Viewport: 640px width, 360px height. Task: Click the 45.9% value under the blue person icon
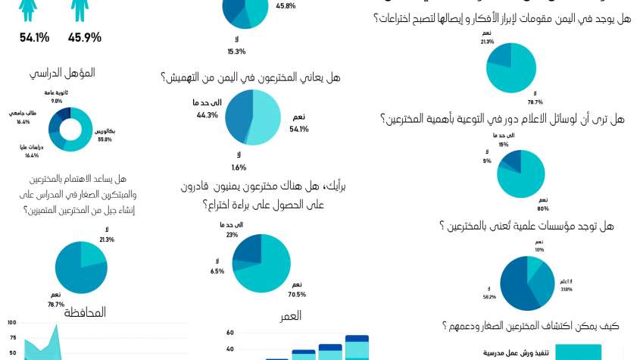[85, 36]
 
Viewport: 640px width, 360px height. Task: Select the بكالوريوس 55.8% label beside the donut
[104, 135]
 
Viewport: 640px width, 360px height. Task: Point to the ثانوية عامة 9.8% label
[56, 96]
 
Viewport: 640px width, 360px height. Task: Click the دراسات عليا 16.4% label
[33, 152]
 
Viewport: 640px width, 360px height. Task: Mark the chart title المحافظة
[85, 312]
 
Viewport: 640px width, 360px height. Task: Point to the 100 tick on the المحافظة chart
[12, 322]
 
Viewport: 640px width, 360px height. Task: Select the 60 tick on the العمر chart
[229, 332]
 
